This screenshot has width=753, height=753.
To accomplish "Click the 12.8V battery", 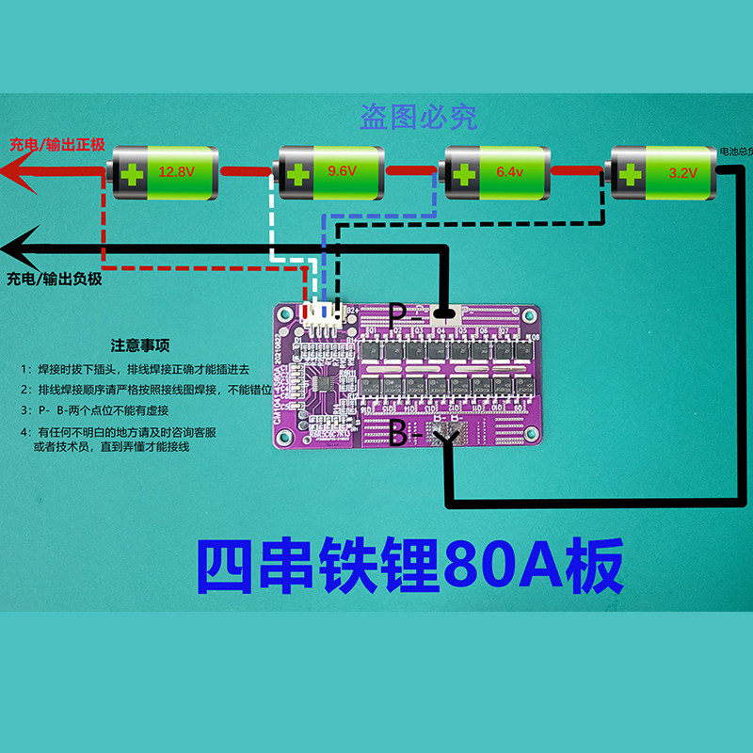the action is click(162, 173).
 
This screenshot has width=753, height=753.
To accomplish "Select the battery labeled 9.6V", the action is click(329, 173).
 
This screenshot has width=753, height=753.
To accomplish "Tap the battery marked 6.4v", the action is click(497, 173).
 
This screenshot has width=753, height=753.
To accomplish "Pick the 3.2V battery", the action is click(665, 173).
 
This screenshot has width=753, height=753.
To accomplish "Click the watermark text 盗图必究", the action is click(419, 117).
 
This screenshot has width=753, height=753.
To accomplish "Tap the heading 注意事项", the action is click(140, 345).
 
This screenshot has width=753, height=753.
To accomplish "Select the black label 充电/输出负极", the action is click(54, 280).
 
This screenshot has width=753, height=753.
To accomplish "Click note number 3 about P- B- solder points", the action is click(132, 411).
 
